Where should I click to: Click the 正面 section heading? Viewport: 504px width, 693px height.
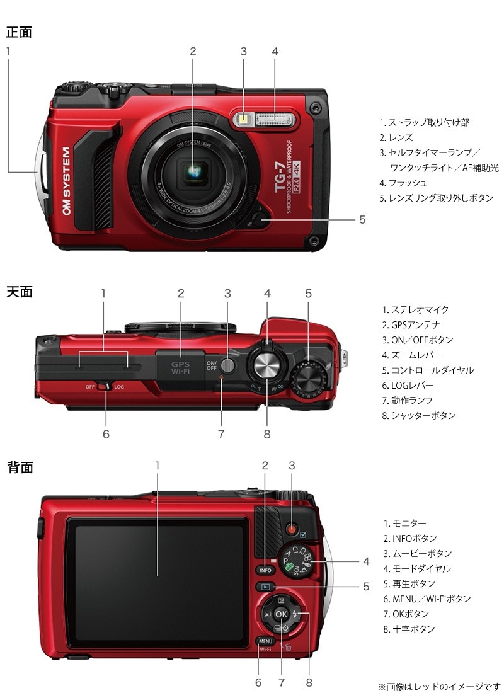click(19, 32)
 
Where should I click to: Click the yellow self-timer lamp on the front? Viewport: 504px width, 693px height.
click(243, 119)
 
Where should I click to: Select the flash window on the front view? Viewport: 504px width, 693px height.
click(275, 118)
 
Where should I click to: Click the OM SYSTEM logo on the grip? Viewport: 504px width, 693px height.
click(66, 181)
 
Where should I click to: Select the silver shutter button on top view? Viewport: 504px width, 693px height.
click(267, 365)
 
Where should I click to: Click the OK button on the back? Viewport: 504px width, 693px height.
click(282, 614)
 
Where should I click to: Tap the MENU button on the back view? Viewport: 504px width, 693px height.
click(265, 640)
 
